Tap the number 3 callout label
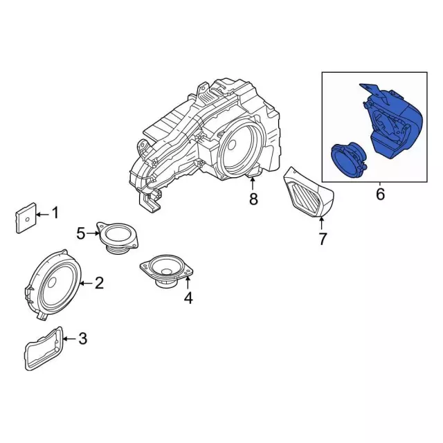pos(82,338)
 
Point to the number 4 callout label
pos(188,298)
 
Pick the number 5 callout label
pos(81,234)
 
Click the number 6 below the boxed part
pos(380,195)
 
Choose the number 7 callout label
pos(323,239)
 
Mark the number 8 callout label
pos(253,200)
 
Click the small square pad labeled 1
pos(24,217)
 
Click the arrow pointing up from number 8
pos(253,184)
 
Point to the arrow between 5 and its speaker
pos(93,234)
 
